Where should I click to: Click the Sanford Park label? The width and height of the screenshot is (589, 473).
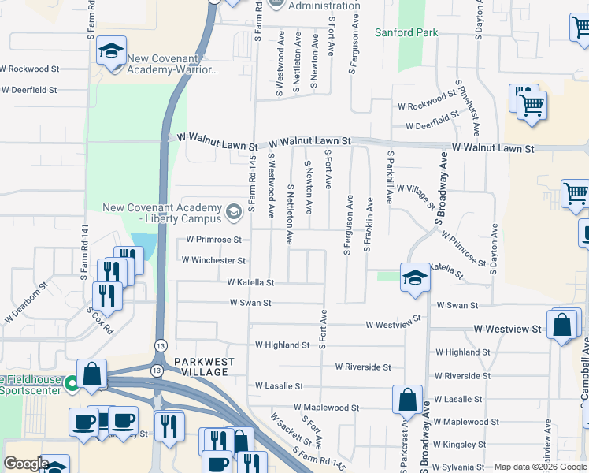pos(406,32)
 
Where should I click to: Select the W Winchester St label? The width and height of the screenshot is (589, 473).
pos(213,260)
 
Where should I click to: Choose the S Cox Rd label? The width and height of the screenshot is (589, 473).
pos(99,321)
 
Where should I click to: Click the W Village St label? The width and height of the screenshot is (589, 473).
pos(416,196)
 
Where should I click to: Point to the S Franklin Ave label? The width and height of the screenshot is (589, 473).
pos(367,224)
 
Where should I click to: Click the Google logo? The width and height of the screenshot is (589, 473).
pos(26,464)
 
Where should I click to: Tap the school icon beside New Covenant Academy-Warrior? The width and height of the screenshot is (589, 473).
pos(111,52)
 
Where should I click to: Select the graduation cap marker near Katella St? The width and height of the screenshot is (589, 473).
pos(415,277)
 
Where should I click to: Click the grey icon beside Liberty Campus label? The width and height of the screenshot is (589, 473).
pos(233,212)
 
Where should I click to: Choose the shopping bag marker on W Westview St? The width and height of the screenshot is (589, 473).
pos(562,324)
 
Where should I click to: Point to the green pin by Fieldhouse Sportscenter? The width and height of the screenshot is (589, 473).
pos(72,385)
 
